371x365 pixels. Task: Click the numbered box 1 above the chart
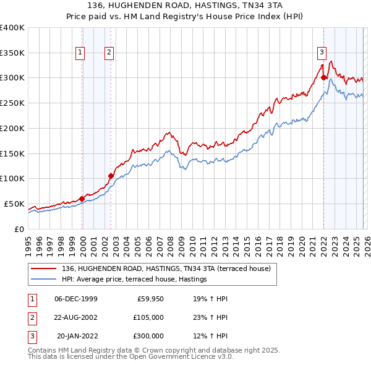(x=80, y=53)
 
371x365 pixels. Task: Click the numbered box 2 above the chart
(x=109, y=53)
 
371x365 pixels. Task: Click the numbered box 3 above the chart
(x=322, y=52)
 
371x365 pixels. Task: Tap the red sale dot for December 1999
(x=82, y=199)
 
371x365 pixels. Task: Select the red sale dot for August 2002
(x=111, y=176)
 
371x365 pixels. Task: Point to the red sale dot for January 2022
(x=323, y=77)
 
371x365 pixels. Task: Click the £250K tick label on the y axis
(x=12, y=103)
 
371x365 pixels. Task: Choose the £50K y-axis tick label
(x=15, y=204)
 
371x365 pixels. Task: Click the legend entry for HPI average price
(x=134, y=280)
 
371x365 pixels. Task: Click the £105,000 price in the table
(x=148, y=317)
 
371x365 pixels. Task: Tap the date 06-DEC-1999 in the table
(x=76, y=299)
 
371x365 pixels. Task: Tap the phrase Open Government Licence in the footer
(x=179, y=357)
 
